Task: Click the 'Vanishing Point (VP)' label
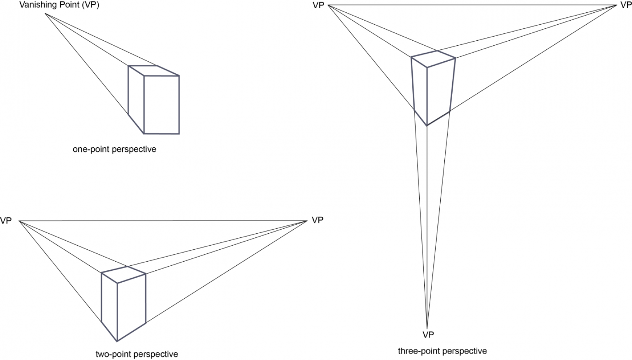(x=59, y=5)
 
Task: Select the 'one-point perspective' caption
(x=114, y=149)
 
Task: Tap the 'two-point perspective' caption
(x=137, y=354)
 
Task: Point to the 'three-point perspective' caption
(x=442, y=351)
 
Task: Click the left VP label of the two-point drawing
(x=6, y=221)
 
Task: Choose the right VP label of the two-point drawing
(x=317, y=220)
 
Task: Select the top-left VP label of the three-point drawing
(x=318, y=5)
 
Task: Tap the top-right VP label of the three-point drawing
(x=625, y=5)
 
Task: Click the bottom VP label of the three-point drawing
(x=428, y=334)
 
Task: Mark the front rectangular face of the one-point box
(x=161, y=105)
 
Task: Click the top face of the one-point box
(x=153, y=71)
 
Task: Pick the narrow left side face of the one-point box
(x=136, y=99)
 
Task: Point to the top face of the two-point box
(x=124, y=274)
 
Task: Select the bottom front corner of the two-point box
(x=117, y=341)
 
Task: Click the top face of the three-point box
(x=433, y=58)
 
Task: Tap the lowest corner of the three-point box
(x=427, y=125)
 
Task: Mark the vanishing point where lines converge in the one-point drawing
(x=45, y=14)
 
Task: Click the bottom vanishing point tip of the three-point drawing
(x=427, y=327)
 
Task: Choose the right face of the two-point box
(x=132, y=307)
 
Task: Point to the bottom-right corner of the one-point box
(x=179, y=134)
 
